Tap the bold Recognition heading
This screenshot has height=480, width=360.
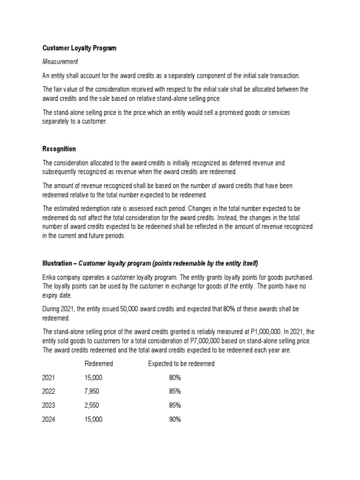[59, 149]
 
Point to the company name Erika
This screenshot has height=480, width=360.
[50, 277]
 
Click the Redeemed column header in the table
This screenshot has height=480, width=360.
[99, 364]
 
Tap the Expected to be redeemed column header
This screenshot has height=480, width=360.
[181, 364]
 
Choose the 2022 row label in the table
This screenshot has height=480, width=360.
[49, 391]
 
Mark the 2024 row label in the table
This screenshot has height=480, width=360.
[49, 420]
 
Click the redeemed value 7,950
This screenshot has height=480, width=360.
[92, 391]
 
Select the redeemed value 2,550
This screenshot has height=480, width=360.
[92, 405]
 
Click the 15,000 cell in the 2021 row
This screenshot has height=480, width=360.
[93, 378]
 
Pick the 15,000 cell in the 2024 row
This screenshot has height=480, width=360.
[93, 420]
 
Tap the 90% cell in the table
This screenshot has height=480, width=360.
[175, 420]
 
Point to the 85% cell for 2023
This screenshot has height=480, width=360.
[175, 405]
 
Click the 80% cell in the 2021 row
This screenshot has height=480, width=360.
[175, 378]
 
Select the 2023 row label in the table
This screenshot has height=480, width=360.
[49, 405]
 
